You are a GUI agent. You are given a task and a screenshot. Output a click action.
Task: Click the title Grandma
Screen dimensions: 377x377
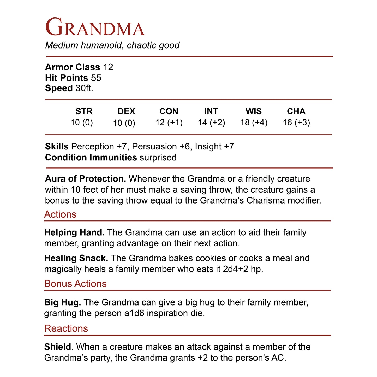(x=95, y=27)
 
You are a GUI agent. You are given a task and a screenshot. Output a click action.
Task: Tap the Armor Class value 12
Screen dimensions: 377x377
(x=108, y=67)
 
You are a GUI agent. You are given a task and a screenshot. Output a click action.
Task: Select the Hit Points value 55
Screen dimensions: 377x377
(x=96, y=78)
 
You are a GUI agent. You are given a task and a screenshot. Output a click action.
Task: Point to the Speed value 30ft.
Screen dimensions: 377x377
(x=84, y=88)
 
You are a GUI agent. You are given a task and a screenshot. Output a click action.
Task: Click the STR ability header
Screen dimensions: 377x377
(x=84, y=111)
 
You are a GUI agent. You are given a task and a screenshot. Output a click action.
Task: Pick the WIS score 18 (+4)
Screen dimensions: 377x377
(x=254, y=122)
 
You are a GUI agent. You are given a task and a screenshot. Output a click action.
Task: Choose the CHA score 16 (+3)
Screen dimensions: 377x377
(x=296, y=122)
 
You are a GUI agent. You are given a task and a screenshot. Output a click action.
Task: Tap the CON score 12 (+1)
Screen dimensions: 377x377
(x=169, y=122)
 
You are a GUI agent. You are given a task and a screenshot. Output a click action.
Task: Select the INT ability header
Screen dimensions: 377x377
(x=211, y=111)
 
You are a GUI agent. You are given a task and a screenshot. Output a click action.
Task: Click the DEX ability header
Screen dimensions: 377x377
(x=126, y=111)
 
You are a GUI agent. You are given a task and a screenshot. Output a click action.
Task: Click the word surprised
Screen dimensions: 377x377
(x=158, y=158)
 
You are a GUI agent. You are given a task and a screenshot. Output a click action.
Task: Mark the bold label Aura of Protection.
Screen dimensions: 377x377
(x=86, y=179)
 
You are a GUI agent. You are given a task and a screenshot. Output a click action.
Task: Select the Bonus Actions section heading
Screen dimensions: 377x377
(x=75, y=284)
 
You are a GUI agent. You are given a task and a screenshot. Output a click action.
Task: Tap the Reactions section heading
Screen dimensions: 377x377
(x=66, y=328)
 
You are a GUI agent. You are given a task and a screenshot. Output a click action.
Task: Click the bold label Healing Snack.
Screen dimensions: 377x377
(x=76, y=258)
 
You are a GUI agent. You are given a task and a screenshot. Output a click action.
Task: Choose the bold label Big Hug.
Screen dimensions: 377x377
(x=63, y=302)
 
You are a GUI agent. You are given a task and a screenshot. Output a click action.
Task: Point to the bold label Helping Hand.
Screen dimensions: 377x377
(x=74, y=232)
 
